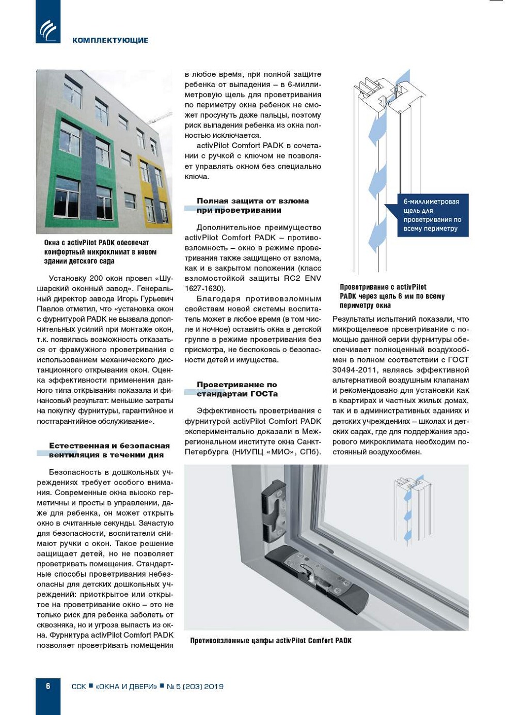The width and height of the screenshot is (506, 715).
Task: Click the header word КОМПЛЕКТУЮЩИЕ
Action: point(110,40)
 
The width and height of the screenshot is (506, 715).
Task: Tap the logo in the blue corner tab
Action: point(48,29)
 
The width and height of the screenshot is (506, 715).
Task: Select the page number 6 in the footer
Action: point(48,686)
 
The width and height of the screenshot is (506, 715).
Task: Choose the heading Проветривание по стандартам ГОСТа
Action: point(237,389)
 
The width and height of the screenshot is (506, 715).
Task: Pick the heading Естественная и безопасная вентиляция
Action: point(109,450)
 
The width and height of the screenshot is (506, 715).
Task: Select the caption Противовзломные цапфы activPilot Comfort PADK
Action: point(271,641)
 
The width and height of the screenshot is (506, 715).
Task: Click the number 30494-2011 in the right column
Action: point(357,370)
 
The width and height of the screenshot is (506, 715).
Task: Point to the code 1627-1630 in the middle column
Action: point(204,289)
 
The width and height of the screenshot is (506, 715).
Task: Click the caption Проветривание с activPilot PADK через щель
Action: point(392,296)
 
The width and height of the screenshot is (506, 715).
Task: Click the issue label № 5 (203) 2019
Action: point(195,687)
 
